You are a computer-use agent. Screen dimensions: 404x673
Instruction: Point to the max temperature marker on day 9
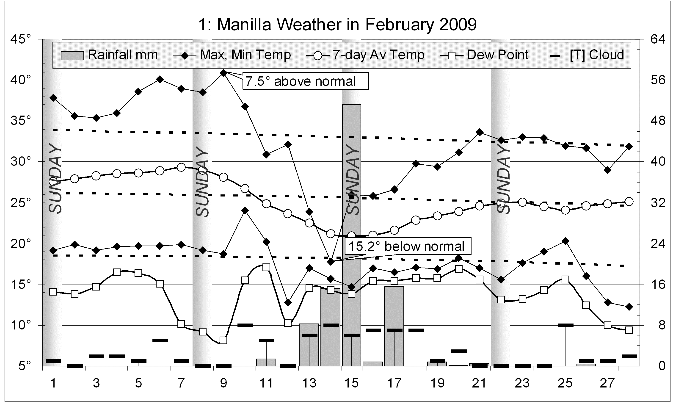223,73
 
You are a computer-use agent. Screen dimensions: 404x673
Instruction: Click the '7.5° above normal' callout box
305,81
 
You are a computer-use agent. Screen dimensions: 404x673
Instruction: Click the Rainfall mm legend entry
109,55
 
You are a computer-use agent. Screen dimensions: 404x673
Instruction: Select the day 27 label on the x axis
607,383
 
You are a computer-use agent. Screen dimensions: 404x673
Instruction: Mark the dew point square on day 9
223,340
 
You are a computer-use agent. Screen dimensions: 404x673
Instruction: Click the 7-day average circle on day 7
181,167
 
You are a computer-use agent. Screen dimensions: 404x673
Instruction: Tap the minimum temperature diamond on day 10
245,210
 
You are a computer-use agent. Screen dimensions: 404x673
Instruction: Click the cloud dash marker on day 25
565,325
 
